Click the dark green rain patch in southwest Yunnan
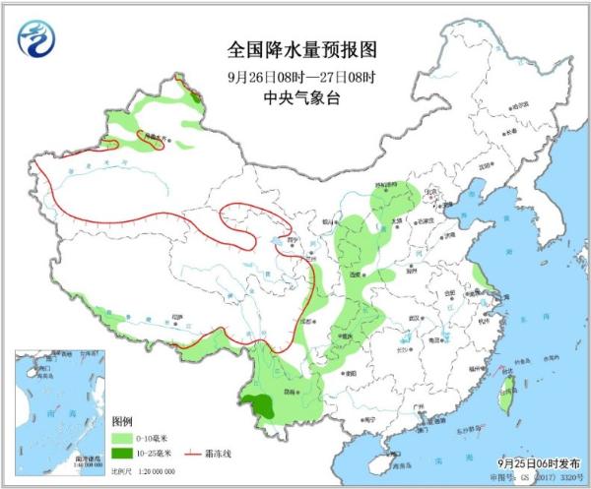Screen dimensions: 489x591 (x=261, y=402)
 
